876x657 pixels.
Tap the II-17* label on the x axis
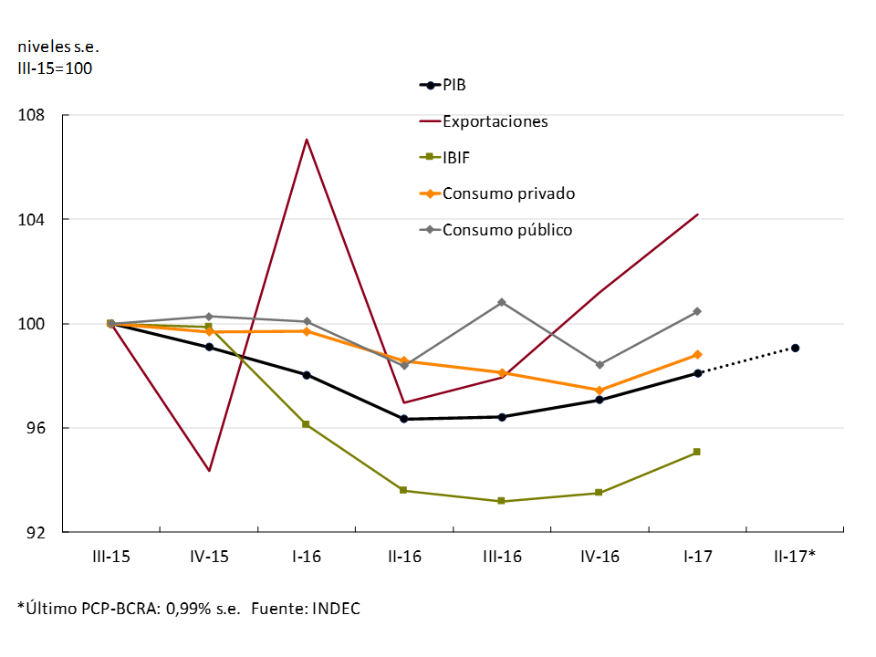point(795,556)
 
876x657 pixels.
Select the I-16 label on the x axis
point(306,556)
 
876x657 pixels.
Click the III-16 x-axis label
point(501,556)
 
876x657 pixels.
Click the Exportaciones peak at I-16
point(307,140)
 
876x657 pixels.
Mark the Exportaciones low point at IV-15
point(209,471)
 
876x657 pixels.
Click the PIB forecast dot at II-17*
point(796,348)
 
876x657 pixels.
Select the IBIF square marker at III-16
point(502,501)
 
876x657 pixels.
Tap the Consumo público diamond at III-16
point(502,302)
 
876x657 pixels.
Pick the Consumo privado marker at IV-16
point(600,391)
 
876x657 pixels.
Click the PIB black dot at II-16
point(404,419)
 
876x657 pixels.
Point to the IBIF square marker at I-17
point(697,452)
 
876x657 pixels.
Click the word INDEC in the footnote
point(337,609)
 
